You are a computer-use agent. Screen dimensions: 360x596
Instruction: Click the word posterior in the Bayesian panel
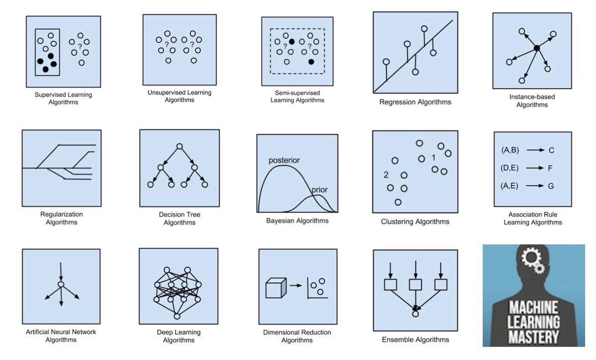coord(285,161)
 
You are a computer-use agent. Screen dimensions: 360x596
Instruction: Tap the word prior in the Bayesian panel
coord(319,190)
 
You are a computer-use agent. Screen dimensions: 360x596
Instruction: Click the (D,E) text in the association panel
coord(510,168)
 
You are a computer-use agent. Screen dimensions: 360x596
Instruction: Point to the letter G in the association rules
coord(551,186)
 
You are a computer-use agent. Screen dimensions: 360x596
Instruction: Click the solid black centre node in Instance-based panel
coord(537,48)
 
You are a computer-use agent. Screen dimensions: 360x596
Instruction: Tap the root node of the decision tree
coord(179,146)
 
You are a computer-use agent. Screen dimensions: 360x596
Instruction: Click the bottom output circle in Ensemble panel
coord(415,314)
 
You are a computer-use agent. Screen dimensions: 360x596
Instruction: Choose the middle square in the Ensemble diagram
coord(415,285)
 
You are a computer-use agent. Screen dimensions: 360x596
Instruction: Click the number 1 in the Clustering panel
coord(434,157)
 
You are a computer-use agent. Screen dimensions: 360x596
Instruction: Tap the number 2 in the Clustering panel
coord(386,175)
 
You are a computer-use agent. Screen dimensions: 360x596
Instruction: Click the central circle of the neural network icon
coord(61,285)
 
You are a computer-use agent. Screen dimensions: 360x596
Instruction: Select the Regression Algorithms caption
coord(415,102)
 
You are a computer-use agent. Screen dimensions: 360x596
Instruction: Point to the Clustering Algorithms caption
coord(415,221)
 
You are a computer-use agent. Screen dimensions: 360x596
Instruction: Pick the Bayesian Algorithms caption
coord(297,220)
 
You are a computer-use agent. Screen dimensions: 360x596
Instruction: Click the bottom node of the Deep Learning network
coord(177,316)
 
